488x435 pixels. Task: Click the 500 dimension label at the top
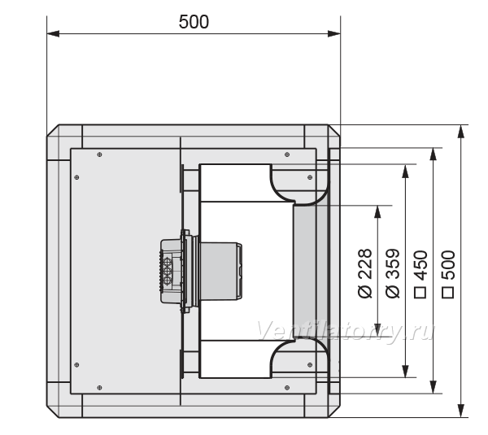click(x=194, y=22)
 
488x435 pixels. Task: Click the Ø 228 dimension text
click(x=365, y=273)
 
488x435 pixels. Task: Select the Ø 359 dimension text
click(x=393, y=273)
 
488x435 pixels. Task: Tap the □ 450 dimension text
click(x=420, y=274)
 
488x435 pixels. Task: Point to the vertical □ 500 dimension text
click(x=448, y=274)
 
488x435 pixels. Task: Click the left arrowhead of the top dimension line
click(x=53, y=33)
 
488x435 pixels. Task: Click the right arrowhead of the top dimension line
click(x=334, y=33)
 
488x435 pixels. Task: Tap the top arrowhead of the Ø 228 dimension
click(x=378, y=211)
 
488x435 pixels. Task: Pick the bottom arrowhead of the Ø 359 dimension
click(x=405, y=372)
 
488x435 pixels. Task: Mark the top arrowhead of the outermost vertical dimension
click(x=461, y=131)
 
